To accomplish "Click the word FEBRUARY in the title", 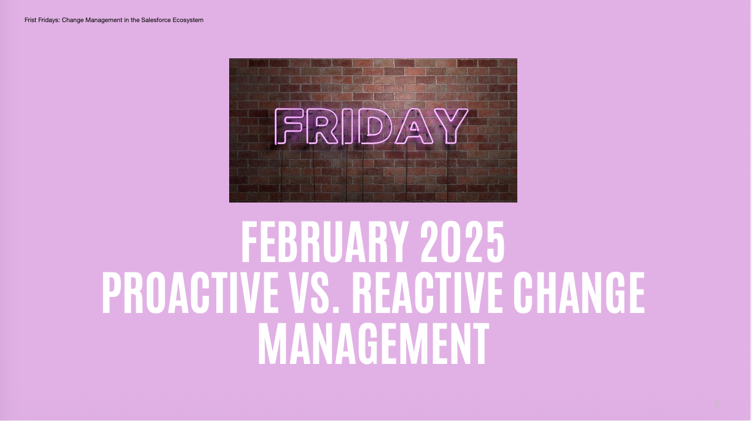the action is click(324, 242).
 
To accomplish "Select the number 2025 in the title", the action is click(462, 242).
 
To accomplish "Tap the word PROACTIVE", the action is click(190, 293).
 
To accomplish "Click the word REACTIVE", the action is click(427, 293).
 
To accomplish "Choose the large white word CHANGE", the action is click(579, 293).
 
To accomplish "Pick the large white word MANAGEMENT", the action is click(374, 344).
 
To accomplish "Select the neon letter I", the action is click(348, 126).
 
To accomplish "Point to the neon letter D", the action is click(375, 126).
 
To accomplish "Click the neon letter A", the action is click(414, 126).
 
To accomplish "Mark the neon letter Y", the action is click(449, 126).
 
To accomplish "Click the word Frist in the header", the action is click(30, 20).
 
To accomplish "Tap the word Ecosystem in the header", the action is click(188, 20).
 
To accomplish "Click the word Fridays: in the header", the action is click(49, 20).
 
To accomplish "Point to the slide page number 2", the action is click(717, 404).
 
